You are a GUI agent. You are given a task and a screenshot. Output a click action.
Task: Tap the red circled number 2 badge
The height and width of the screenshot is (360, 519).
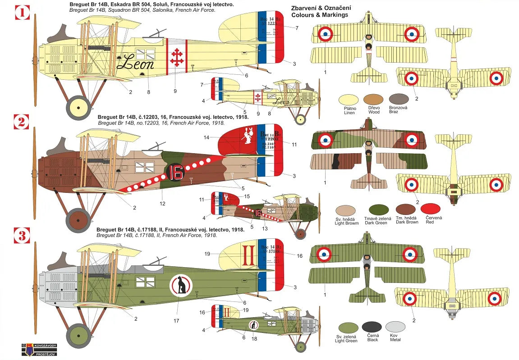tap(22, 122)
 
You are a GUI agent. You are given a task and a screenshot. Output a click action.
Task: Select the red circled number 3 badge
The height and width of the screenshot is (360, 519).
tap(22, 236)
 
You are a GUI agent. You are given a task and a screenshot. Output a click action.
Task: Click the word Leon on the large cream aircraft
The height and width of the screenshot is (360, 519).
tap(135, 64)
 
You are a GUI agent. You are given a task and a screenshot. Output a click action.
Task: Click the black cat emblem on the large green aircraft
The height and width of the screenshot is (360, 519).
tap(181, 286)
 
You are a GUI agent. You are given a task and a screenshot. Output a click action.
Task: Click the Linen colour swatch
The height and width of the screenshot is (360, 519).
tap(350, 99)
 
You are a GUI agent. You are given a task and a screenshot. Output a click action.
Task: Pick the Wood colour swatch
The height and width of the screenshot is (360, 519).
tap(374, 99)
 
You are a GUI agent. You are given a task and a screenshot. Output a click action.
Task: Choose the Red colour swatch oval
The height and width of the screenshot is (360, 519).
tap(430, 209)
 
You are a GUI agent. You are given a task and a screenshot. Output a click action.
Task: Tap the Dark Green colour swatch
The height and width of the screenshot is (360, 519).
tap(378, 210)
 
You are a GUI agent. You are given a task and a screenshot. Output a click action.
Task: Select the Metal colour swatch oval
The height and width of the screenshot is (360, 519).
tap(395, 327)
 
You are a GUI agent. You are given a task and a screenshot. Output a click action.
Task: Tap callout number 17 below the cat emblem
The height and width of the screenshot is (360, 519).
tap(176, 321)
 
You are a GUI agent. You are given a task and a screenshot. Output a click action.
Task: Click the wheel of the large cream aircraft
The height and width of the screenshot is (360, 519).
tap(78, 108)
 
